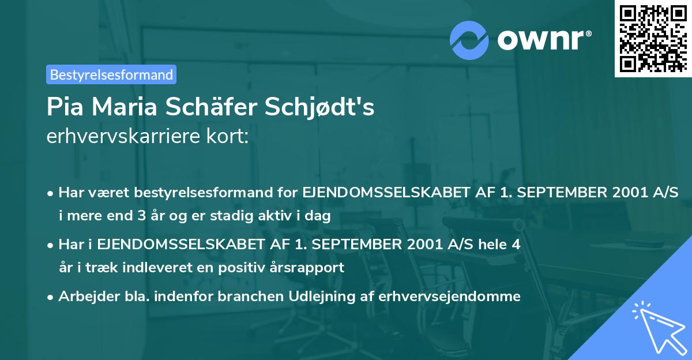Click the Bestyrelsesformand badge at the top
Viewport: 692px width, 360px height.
point(111,74)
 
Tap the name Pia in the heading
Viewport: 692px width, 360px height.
point(66,108)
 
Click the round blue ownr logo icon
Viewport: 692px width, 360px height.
point(469,40)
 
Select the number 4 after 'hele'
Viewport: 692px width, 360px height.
point(516,245)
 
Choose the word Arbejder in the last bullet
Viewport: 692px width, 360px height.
point(85,297)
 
